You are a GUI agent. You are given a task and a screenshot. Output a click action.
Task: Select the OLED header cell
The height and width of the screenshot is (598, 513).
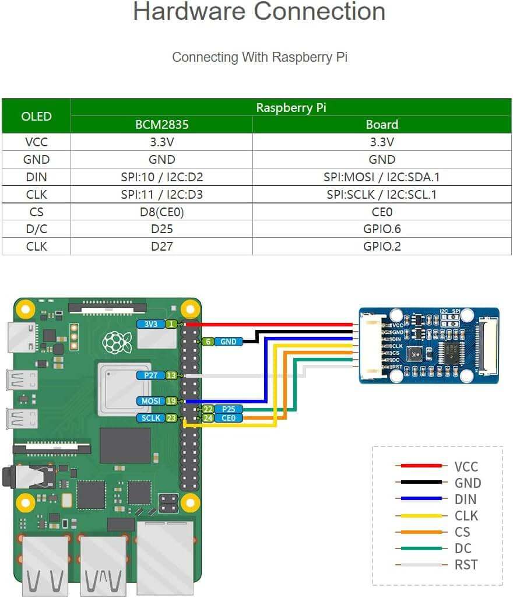pos(36,116)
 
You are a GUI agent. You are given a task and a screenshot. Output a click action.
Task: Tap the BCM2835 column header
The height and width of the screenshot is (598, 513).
pos(161,124)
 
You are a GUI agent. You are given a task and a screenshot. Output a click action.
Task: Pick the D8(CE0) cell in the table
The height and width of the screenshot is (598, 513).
pos(161,212)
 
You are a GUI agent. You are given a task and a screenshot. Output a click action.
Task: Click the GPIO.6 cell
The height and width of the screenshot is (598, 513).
pos(382,229)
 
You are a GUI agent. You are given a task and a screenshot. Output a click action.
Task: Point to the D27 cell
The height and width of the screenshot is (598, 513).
pos(161,246)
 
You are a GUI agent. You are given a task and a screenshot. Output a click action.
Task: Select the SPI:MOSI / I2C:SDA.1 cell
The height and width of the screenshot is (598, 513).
pos(382,177)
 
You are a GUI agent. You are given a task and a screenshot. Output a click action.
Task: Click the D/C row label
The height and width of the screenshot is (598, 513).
pos(36,229)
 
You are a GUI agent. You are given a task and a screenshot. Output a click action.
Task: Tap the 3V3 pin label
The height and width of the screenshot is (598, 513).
pos(151,324)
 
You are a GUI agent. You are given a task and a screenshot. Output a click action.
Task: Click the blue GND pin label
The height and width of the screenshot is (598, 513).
pos(228,342)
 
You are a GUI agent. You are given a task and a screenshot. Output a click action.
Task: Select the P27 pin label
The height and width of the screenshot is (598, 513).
pos(151,376)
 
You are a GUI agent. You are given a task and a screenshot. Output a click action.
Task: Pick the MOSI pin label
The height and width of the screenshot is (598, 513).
pos(151,401)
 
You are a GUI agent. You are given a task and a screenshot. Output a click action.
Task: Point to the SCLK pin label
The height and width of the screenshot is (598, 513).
pos(151,418)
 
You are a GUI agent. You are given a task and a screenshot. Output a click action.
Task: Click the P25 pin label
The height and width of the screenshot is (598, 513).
pos(228,409)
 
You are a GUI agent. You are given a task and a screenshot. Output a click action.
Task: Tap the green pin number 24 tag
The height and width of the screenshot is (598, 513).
pos(208,418)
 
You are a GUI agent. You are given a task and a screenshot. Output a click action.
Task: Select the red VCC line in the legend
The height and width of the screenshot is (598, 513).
pos(419,466)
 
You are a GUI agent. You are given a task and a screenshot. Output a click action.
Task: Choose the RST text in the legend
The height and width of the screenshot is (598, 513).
pos(466,565)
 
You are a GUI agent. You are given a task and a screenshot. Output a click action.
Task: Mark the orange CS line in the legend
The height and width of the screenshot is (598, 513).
pos(419,532)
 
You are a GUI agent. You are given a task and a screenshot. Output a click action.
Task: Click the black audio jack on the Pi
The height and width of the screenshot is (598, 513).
pos(23,477)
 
